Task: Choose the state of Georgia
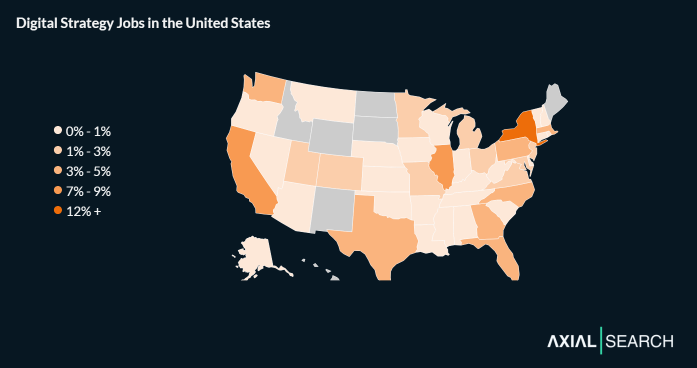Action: pyautogui.click(x=487, y=222)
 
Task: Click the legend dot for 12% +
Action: pyautogui.click(x=58, y=211)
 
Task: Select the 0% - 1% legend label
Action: pyautogui.click(x=88, y=131)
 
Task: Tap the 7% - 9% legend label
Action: pyautogui.click(x=88, y=191)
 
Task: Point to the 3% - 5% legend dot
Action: pyautogui.click(x=58, y=171)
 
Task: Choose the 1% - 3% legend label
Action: pyautogui.click(x=88, y=151)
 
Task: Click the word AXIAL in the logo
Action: pyautogui.click(x=571, y=341)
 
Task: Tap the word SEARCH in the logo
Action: pyautogui.click(x=639, y=341)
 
